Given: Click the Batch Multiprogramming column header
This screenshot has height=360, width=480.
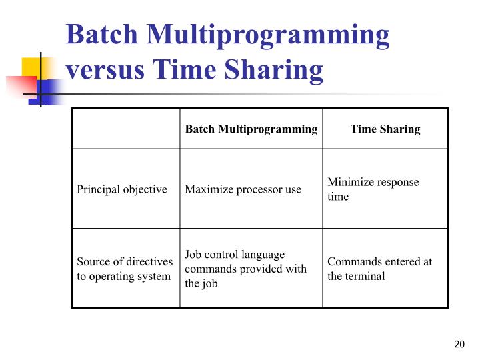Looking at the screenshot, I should click(251, 129).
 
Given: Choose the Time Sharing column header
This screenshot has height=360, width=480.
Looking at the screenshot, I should click(385, 129).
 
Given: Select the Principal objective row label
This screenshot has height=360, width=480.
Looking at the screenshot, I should click(122, 189).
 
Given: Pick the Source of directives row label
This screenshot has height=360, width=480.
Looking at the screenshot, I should click(125, 269).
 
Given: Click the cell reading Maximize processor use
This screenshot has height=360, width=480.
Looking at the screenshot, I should click(243, 189).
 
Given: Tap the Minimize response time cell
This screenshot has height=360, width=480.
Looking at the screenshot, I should click(373, 189).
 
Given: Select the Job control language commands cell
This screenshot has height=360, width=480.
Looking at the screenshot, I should click(245, 269).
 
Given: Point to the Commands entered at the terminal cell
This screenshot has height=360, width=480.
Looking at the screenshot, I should click(379, 269).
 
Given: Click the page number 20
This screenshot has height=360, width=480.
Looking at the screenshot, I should click(458, 344).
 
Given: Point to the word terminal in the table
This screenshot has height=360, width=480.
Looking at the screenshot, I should click(365, 276).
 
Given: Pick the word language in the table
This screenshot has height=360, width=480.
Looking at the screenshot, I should click(265, 255).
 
